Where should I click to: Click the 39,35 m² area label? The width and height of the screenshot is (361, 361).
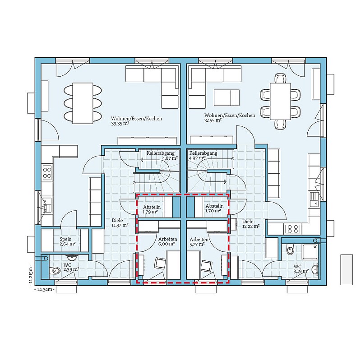pos(120,123)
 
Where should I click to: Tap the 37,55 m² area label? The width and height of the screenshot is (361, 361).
pos(213,120)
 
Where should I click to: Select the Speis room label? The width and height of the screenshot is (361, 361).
pos(65,239)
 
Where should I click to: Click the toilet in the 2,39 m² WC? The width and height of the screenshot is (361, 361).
pos(55,270)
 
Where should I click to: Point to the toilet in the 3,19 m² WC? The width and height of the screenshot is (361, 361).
pos(290,250)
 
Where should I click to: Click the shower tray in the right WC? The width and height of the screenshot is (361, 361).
pos(310,252)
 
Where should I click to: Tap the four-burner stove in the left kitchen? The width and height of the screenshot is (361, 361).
pos(47,173)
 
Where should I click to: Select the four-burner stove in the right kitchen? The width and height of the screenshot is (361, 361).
pos(292,229)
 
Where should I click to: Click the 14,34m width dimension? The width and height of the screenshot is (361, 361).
pos(44,290)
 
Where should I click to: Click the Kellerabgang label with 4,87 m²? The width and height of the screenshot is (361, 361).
pos(161,153)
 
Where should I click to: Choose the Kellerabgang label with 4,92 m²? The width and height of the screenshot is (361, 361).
pos(203,153)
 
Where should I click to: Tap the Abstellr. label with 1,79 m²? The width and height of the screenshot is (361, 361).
pos(152,207)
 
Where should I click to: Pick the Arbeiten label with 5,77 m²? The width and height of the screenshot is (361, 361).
pos(199,239)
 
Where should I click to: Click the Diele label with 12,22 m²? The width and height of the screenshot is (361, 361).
pos(248,222)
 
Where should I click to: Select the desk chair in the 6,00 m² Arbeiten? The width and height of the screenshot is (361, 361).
pos(160,264)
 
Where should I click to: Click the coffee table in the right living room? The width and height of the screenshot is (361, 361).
pos(227,98)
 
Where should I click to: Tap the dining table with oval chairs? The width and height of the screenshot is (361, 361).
pos(83,103)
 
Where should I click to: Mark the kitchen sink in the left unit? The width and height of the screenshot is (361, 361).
pos(47,205)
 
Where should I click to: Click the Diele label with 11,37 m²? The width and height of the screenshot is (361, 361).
pos(117,220)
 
